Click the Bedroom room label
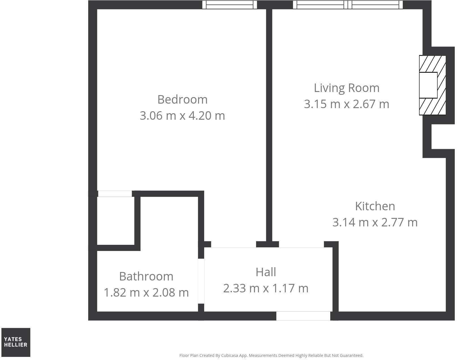point(182,100)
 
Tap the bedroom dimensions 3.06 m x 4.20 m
point(182,116)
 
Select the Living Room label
point(346,88)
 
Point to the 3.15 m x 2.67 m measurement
point(346,104)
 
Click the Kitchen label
point(375,206)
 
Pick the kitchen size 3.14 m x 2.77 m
point(375,222)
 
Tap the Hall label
point(266,272)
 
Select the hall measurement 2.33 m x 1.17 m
point(266,288)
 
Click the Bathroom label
point(146,277)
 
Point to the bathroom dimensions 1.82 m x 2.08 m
point(146,293)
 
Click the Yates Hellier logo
point(16,342)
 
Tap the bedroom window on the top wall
point(230,5)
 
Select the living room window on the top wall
point(348,5)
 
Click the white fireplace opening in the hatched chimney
point(428,85)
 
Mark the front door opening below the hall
point(303,316)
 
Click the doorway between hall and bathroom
point(201,281)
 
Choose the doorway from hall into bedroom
point(234,245)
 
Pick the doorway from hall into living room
point(301,245)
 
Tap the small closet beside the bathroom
point(116,221)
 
